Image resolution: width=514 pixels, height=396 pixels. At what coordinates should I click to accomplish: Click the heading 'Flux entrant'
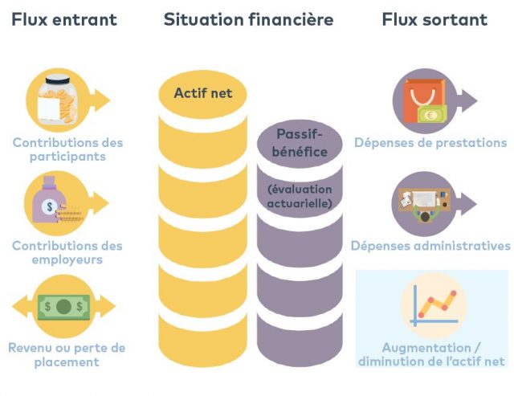[64, 19]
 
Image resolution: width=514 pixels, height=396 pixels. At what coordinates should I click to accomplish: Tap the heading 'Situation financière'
[248, 19]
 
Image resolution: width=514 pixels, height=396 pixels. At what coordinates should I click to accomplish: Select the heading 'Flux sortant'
[434, 19]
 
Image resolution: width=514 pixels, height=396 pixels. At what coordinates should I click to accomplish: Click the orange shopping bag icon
[424, 100]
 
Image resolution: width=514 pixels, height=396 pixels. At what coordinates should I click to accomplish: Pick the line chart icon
[433, 306]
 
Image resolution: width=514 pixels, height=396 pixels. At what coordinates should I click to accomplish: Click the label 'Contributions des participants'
[67, 149]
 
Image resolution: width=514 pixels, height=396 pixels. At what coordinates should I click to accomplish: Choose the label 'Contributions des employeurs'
[67, 252]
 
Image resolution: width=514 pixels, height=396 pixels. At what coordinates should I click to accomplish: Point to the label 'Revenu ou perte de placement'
[67, 354]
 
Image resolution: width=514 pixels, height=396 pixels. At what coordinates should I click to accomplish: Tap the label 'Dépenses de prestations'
[430, 143]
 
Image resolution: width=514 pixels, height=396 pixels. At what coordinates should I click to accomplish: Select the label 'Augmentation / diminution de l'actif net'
[432, 354]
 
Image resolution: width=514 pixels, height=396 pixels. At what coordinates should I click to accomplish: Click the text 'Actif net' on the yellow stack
[203, 93]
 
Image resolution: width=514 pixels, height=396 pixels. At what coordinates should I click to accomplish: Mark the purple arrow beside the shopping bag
[467, 100]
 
